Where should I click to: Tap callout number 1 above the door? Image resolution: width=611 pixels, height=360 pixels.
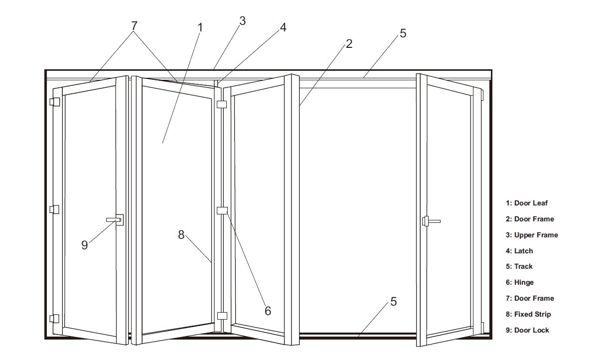[x=200, y=27]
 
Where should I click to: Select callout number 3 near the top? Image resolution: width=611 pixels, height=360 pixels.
[x=242, y=21]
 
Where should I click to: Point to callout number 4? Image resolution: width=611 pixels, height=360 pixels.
[x=283, y=27]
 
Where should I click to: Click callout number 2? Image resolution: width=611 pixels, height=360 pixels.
[x=349, y=44]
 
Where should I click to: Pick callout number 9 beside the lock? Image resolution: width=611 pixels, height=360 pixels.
[x=84, y=245]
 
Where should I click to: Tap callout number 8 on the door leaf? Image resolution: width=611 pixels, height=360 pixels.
[x=181, y=234]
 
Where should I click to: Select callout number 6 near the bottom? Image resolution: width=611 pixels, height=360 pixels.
[x=268, y=311]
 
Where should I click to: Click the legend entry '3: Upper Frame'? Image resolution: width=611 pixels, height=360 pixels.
[x=531, y=235]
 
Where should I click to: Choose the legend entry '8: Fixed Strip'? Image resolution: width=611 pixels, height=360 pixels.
[x=528, y=314]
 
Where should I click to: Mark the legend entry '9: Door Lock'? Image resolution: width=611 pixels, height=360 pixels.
[x=527, y=330]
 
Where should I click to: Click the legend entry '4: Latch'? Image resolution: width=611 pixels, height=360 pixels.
[x=519, y=251]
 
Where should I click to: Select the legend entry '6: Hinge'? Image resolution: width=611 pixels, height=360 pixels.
[x=519, y=282]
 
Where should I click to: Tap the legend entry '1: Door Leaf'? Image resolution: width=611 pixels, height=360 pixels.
[x=526, y=203]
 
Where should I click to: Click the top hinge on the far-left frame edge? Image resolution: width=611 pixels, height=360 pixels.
[x=54, y=102]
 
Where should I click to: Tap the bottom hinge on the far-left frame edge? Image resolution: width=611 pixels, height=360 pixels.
[x=54, y=319]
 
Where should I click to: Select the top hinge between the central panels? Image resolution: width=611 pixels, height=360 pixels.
[x=222, y=104]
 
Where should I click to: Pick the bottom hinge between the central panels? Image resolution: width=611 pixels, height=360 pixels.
[x=222, y=315]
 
